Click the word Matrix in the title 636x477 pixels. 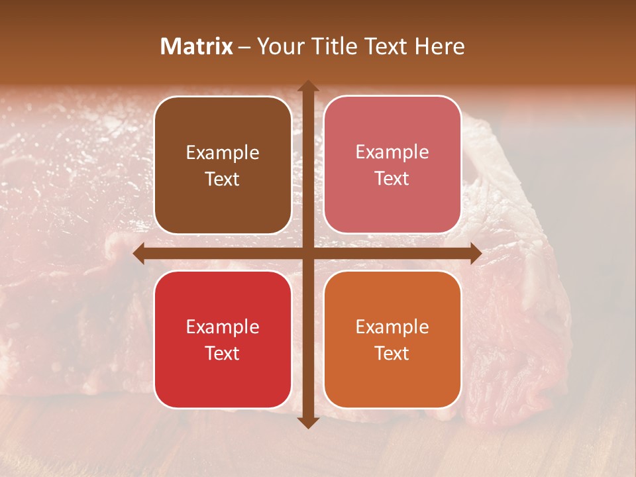197,46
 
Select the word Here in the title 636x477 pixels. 440,46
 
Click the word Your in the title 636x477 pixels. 279,46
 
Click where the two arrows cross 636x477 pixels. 307,253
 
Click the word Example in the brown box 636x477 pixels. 223,153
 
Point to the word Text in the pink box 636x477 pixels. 392,179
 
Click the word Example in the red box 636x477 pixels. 223,327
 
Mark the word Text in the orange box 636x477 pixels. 392,353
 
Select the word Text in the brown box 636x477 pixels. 223,180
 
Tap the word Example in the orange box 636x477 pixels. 392,327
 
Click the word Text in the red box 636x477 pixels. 223,353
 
